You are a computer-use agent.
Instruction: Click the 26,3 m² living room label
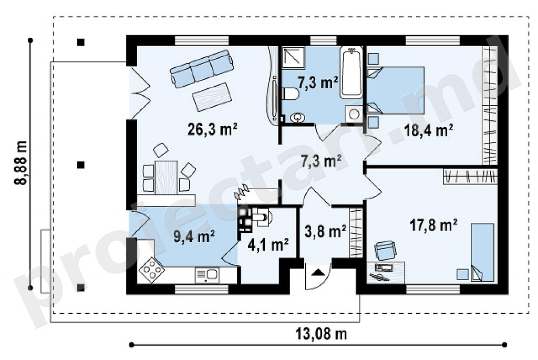[x=212, y=129]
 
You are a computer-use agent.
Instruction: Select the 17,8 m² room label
[x=433, y=225]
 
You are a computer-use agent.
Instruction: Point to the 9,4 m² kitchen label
[x=194, y=236]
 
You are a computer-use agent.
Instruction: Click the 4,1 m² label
[x=268, y=245]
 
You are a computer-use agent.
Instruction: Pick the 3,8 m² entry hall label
[x=325, y=232]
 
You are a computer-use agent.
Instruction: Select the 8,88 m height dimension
[x=21, y=163]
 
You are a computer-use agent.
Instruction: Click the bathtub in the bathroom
[x=351, y=73]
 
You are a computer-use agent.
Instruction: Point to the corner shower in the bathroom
[x=294, y=56]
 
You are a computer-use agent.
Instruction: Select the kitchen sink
[x=207, y=275]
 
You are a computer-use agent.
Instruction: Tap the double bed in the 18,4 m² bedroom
[x=395, y=90]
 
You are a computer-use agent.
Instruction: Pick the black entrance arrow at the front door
[x=318, y=272]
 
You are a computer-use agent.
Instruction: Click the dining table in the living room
[x=166, y=177]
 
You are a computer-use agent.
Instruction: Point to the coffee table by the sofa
[x=212, y=97]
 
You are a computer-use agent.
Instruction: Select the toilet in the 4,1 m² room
[x=262, y=217]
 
